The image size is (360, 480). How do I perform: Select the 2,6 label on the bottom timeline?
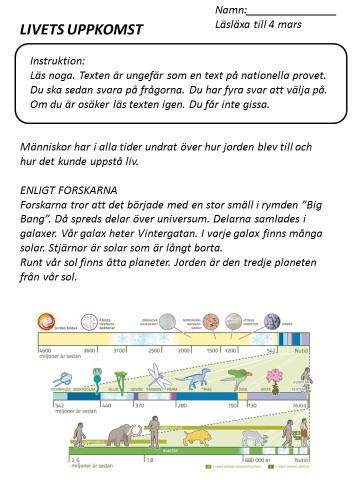(x=42, y=464)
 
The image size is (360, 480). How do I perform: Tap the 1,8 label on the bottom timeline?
(x=150, y=464)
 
